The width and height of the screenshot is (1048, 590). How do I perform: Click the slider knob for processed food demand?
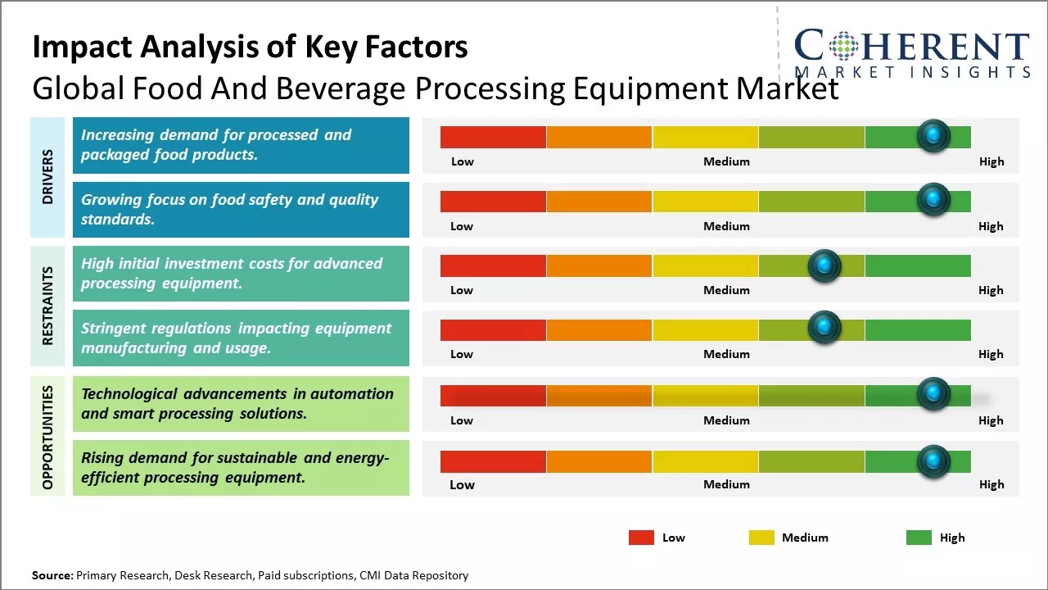click(933, 136)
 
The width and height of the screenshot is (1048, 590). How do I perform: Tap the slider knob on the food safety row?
click(933, 200)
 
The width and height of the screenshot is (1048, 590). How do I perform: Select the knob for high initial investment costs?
click(824, 265)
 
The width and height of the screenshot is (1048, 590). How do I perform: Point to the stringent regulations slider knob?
click(824, 328)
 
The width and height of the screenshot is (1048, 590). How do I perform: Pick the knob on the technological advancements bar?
click(933, 394)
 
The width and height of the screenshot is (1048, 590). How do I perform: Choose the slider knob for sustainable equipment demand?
click(933, 461)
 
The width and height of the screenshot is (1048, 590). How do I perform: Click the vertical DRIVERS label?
click(47, 177)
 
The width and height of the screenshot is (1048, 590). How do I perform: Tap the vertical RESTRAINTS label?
click(47, 305)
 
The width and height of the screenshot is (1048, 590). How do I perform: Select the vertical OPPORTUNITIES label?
click(47, 437)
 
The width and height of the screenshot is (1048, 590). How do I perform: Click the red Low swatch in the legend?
click(641, 538)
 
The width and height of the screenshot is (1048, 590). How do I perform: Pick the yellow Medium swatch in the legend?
click(761, 538)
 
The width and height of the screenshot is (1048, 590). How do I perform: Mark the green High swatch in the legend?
click(919, 538)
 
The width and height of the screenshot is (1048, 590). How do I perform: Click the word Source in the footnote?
click(52, 576)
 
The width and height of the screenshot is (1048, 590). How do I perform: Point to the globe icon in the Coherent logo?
click(842, 46)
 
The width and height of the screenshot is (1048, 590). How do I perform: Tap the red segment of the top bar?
click(493, 137)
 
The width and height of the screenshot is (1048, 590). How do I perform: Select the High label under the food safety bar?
click(991, 226)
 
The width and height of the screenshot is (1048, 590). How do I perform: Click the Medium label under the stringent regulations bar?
click(726, 354)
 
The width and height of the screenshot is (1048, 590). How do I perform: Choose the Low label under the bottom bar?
click(462, 484)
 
